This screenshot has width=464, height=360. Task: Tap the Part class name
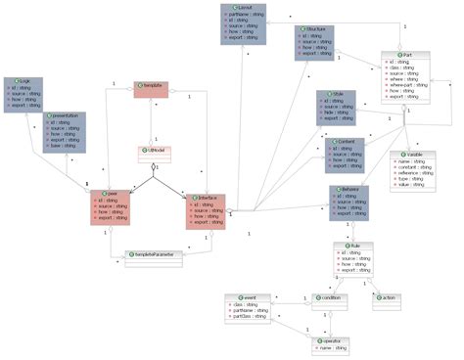(x=407, y=55)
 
